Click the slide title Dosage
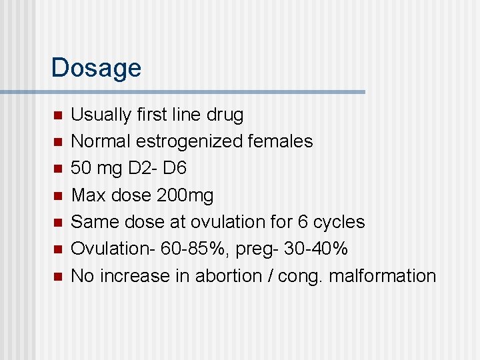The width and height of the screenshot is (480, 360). coord(96,68)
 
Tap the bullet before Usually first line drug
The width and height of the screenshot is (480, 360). coord(57,115)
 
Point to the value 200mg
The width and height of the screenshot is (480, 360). coord(185,195)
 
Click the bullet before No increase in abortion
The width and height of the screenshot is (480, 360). coord(57,275)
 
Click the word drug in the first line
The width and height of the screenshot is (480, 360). coord(225,115)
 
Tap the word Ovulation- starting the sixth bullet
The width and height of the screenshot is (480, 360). coord(108,249)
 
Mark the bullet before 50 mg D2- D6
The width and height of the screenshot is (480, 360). coord(57,169)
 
